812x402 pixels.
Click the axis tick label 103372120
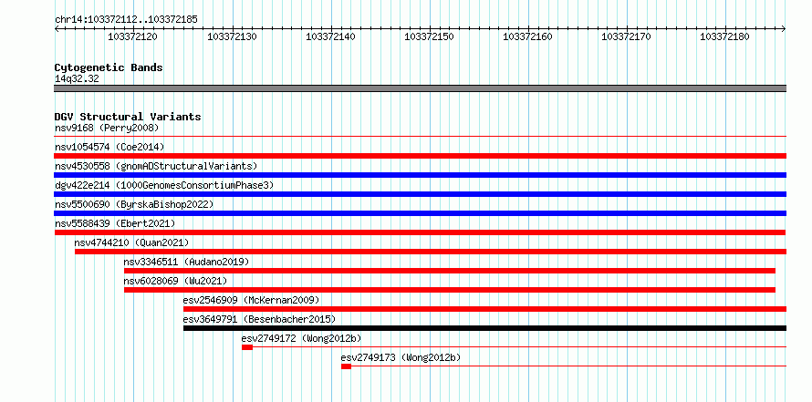coord(132,36)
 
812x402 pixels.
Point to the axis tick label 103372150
coord(429,36)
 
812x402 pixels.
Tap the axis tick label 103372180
coord(724,36)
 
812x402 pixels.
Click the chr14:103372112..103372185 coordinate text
coord(126,20)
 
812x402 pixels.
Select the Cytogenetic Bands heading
coord(109,67)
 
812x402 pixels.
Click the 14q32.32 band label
coord(77,79)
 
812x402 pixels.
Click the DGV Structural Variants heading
coord(128,117)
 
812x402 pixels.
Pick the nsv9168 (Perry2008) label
coord(107,128)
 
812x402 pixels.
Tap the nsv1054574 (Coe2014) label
coord(109,147)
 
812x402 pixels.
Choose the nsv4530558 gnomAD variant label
coord(156,166)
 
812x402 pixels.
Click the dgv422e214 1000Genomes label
coord(164,185)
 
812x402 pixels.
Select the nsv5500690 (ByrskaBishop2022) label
coord(134,204)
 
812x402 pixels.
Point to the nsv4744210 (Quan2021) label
coord(131,242)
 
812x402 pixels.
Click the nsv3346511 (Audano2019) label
coord(186,262)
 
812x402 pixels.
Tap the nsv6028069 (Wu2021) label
coord(175,281)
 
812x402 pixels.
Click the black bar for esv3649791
coord(484,328)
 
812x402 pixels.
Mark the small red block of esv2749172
coord(247,347)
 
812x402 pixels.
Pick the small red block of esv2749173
coord(346,366)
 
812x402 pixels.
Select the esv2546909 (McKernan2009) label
coord(251,300)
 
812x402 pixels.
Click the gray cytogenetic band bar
coord(421,88)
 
